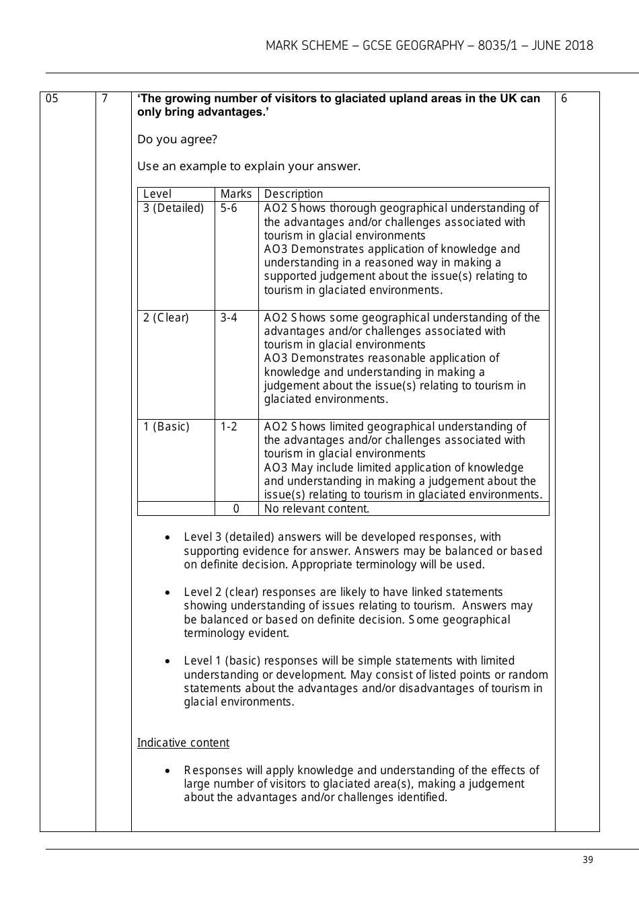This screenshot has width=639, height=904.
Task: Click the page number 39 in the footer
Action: pos(588,860)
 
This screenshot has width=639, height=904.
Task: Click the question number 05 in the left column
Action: pos(52,99)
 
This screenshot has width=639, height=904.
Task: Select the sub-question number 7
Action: pos(104,99)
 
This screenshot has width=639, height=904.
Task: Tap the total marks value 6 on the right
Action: pos(564,99)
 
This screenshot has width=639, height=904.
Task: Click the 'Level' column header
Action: pos(157,194)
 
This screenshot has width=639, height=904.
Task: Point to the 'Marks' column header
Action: pos(236,194)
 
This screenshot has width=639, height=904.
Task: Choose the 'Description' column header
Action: pos(293,194)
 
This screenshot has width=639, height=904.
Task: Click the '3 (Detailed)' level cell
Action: pos(174,209)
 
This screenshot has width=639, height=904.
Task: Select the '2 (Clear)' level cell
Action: pos(166,317)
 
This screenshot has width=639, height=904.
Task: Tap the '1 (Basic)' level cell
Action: pos(166,426)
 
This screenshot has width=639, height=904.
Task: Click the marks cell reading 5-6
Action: pos(229,209)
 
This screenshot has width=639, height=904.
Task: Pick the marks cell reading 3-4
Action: pos(229,317)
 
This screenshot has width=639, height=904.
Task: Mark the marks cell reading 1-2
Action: pos(229,426)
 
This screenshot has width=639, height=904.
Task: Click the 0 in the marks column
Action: pos(236,509)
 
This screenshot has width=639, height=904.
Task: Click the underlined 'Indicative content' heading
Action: pos(183,743)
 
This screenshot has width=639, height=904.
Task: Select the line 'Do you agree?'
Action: pos(177,139)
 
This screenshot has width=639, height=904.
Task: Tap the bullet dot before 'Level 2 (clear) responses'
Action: pos(167,593)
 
